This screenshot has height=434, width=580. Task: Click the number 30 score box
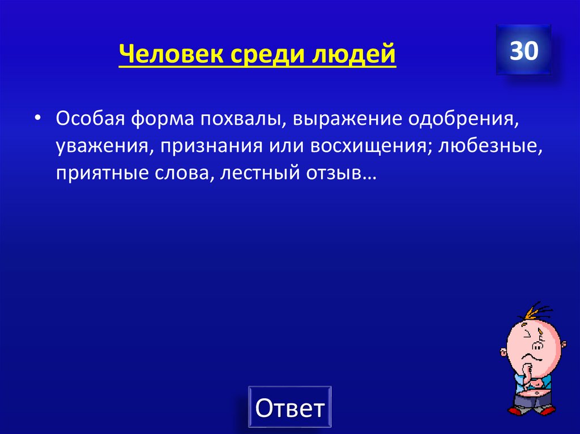[523, 51]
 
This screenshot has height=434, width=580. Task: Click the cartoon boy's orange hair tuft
[535, 311]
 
